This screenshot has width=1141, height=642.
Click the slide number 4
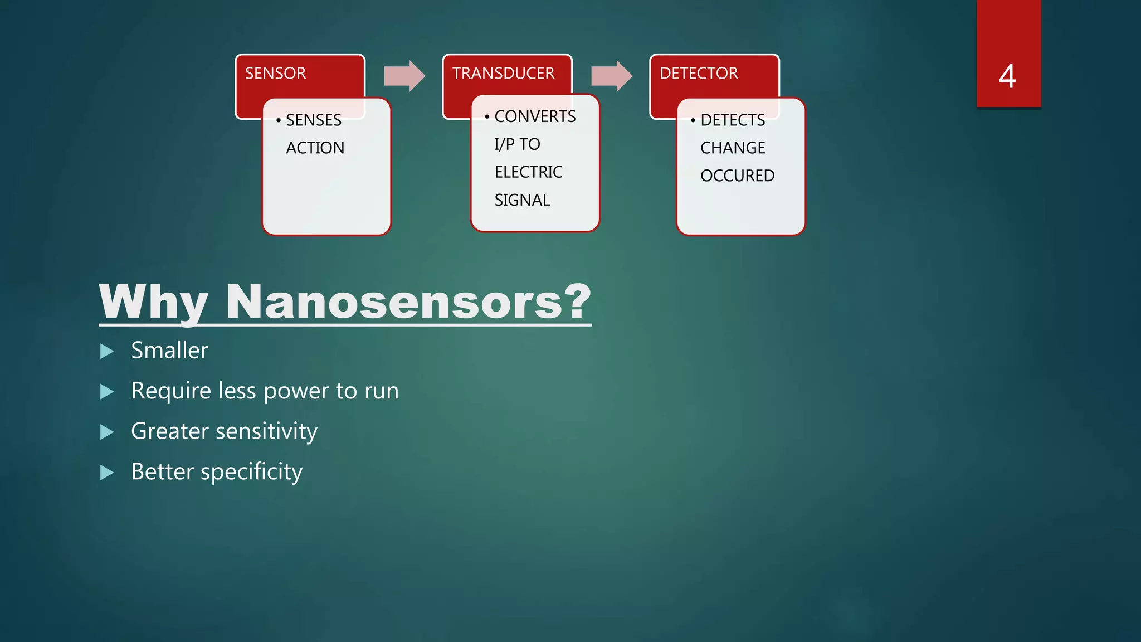point(1007,76)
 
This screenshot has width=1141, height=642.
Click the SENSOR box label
point(275,74)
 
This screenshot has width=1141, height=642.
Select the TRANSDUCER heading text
point(503,74)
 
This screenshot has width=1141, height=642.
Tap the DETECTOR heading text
point(699,74)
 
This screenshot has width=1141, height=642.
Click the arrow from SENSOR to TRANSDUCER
point(405,76)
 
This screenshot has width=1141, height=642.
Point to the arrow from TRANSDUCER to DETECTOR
point(612,76)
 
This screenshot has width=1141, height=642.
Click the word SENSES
point(313,120)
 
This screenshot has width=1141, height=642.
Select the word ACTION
point(315,148)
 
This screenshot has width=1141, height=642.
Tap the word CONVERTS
point(535,116)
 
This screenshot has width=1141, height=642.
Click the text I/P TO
point(517,144)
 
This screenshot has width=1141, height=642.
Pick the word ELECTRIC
point(528,172)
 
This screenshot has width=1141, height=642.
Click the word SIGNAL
point(522,200)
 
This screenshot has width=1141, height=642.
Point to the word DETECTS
point(733,120)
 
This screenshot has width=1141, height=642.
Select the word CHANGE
point(733,148)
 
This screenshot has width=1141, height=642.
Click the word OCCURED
point(737,176)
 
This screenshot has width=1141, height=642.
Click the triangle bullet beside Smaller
point(107,351)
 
